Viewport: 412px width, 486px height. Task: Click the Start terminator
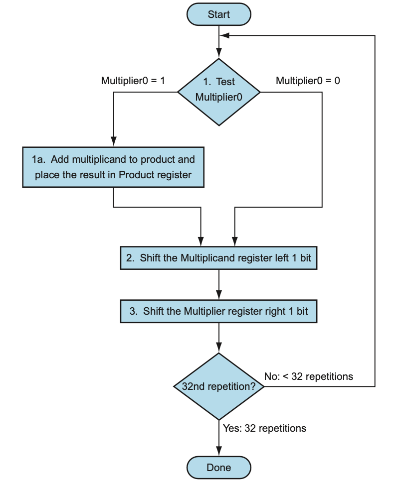pos(218,14)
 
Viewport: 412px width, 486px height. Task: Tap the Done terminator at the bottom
pos(218,468)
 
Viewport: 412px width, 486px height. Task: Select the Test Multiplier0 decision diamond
pos(218,92)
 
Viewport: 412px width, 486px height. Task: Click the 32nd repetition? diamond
pos(218,386)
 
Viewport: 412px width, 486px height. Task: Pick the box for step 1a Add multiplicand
pos(113,167)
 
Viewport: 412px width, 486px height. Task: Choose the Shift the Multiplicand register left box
pos(218,258)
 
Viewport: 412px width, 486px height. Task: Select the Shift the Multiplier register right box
pos(218,311)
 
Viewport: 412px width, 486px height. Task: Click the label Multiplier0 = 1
pos(133,80)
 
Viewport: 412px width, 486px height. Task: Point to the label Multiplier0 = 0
pos(308,80)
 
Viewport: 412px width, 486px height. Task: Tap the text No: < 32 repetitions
pos(308,376)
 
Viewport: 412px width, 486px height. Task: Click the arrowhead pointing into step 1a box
pos(113,142)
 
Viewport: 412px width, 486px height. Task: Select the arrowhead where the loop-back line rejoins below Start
pos(224,36)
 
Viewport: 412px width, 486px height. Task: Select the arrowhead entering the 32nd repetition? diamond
pos(219,348)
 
